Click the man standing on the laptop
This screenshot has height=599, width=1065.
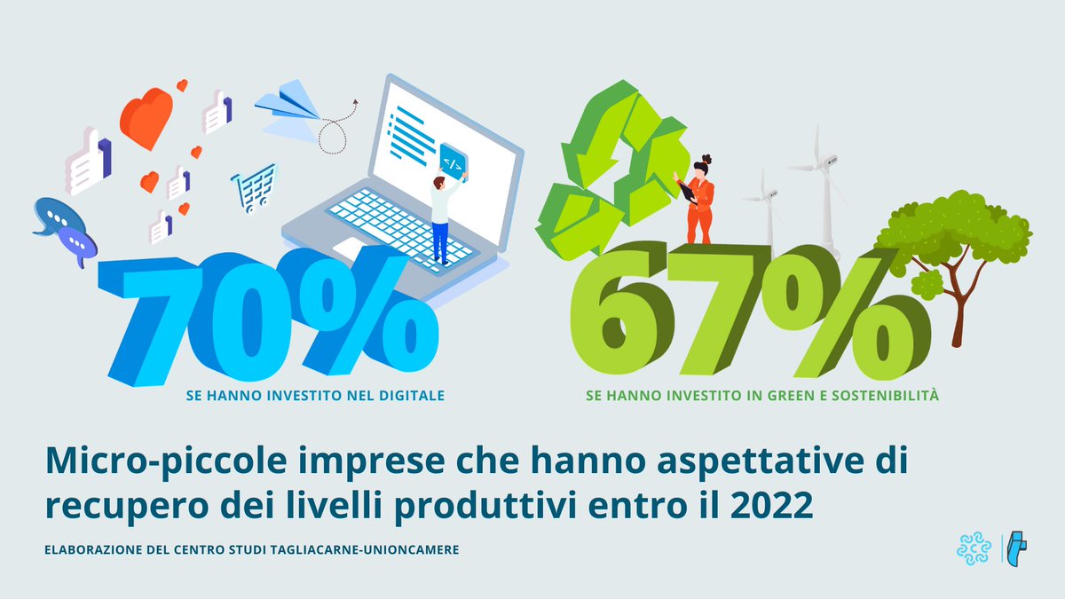[441, 217]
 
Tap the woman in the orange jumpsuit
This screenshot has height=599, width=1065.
[699, 200]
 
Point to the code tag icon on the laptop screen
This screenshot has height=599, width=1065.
[452, 162]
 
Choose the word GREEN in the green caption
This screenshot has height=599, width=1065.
[756, 395]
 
